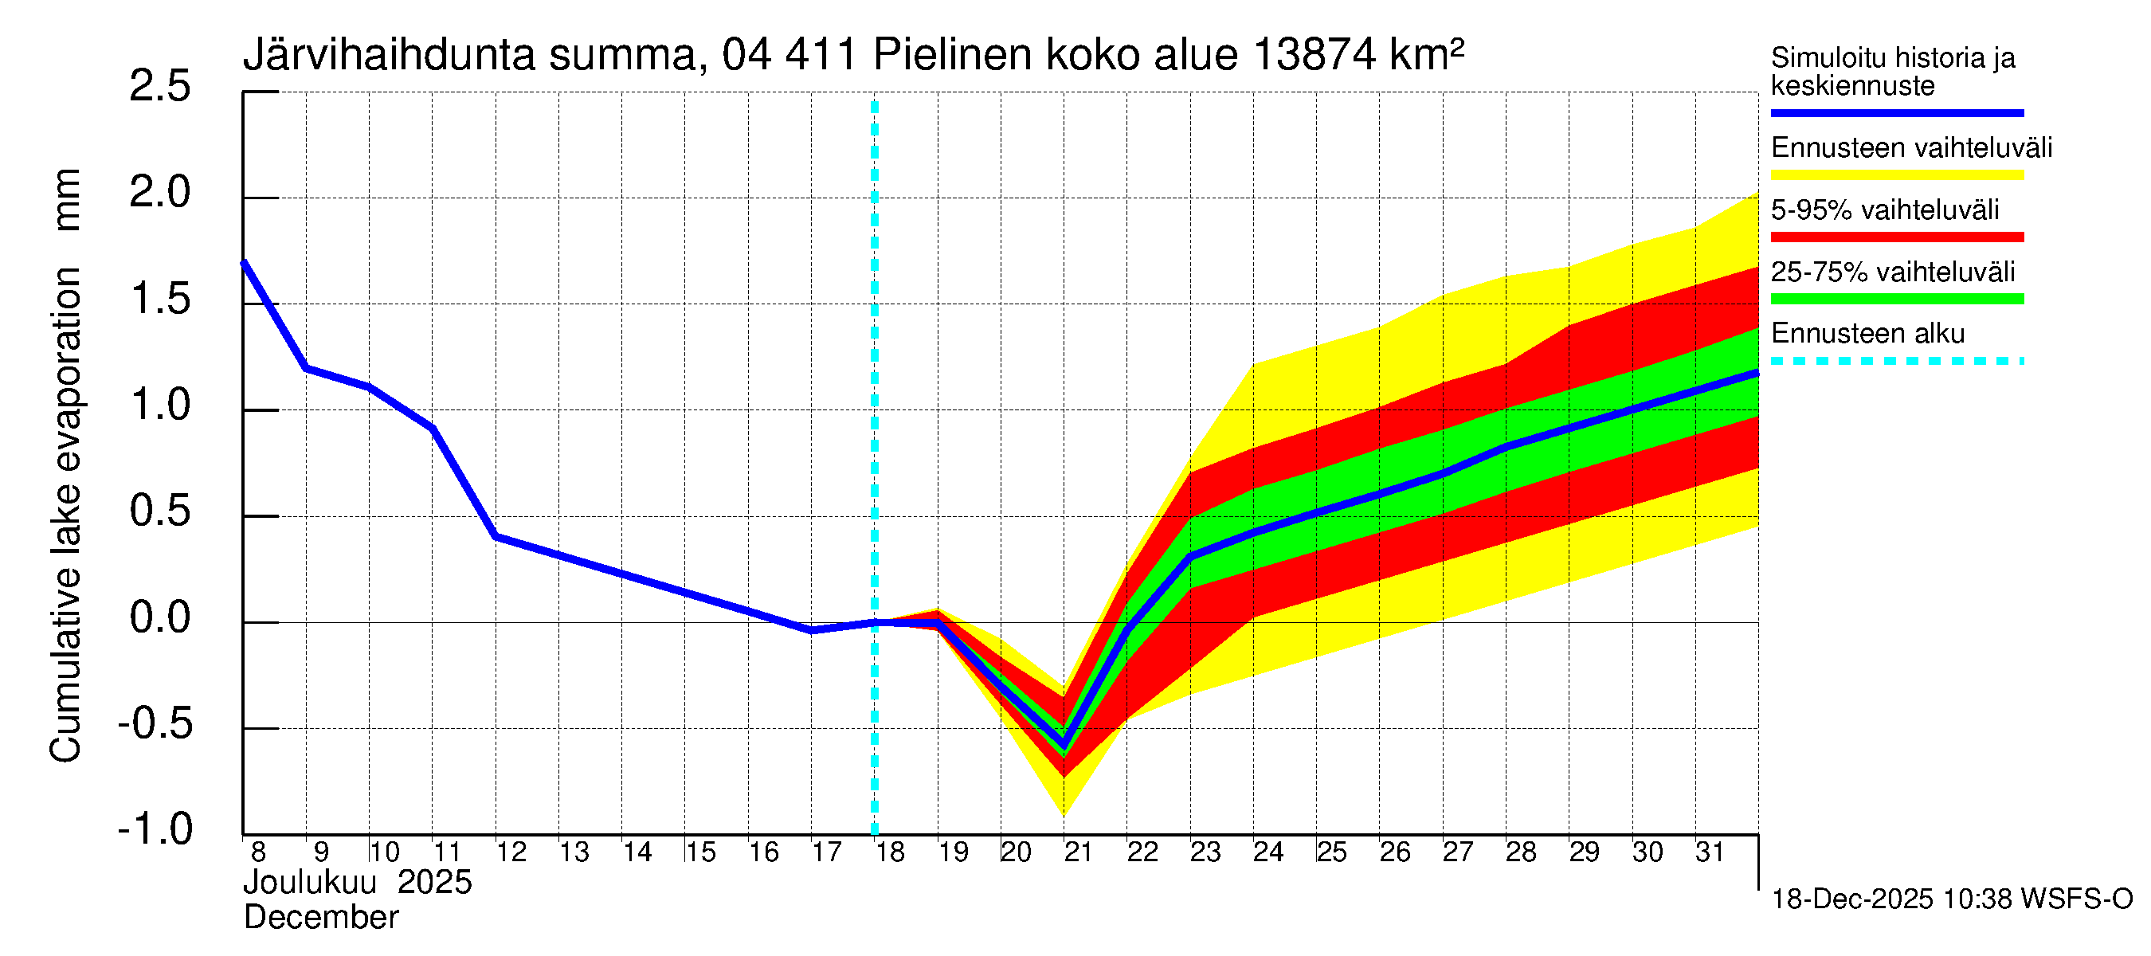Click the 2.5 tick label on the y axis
pos(159,87)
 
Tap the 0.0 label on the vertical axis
pos(159,619)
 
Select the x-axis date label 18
pos(890,852)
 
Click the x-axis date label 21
pos(1078,852)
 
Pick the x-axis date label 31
pos(1710,852)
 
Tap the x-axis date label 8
pos(258,852)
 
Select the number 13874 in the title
pos(1314,56)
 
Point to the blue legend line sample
pos(1896,112)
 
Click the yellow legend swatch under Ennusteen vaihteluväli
pos(1896,175)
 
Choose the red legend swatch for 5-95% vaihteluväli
pos(1896,237)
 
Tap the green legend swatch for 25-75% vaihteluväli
pos(1896,299)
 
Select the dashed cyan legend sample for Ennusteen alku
pos(1896,362)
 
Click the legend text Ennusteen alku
pos(1867,334)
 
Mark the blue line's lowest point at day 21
pos(1064,745)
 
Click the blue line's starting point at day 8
pos(244,263)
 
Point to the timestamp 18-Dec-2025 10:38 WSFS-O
pos(1951,899)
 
